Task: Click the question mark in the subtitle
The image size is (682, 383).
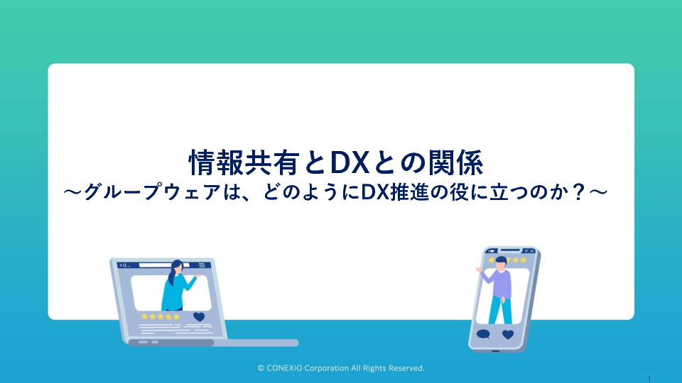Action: (x=578, y=192)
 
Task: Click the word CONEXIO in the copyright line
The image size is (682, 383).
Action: (x=284, y=368)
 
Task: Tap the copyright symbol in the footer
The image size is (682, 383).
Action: (x=261, y=368)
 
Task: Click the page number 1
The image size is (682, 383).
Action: (x=649, y=379)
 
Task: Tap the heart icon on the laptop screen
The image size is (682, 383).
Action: (x=199, y=316)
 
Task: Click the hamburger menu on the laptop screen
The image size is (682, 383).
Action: (x=201, y=265)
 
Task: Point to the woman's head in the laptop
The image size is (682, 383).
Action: (x=178, y=266)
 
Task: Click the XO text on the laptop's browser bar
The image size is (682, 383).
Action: (x=123, y=265)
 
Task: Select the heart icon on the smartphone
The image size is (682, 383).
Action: (x=508, y=334)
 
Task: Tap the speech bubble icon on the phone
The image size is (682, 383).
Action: (x=483, y=334)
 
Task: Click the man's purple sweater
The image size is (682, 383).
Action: (x=499, y=283)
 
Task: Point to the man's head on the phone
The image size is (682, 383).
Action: (x=501, y=262)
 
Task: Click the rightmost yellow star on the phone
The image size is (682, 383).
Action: (x=524, y=260)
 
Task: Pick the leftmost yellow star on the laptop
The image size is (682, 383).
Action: (x=145, y=316)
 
